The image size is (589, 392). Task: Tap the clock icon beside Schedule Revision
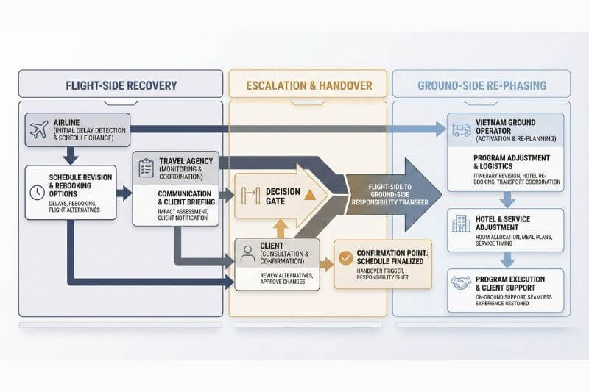click(x=37, y=191)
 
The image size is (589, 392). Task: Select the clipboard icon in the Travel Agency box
click(x=146, y=167)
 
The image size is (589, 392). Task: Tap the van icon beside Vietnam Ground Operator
click(x=461, y=129)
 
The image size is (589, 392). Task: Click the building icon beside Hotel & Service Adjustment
click(x=461, y=223)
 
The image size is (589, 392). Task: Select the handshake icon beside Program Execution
click(x=461, y=283)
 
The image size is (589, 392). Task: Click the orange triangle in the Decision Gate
click(x=309, y=194)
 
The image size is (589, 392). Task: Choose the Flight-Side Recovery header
click(x=121, y=85)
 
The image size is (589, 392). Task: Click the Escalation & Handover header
click(x=309, y=85)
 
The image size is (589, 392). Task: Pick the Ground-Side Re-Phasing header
click(x=482, y=85)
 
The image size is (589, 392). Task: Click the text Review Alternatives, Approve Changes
click(x=276, y=279)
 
